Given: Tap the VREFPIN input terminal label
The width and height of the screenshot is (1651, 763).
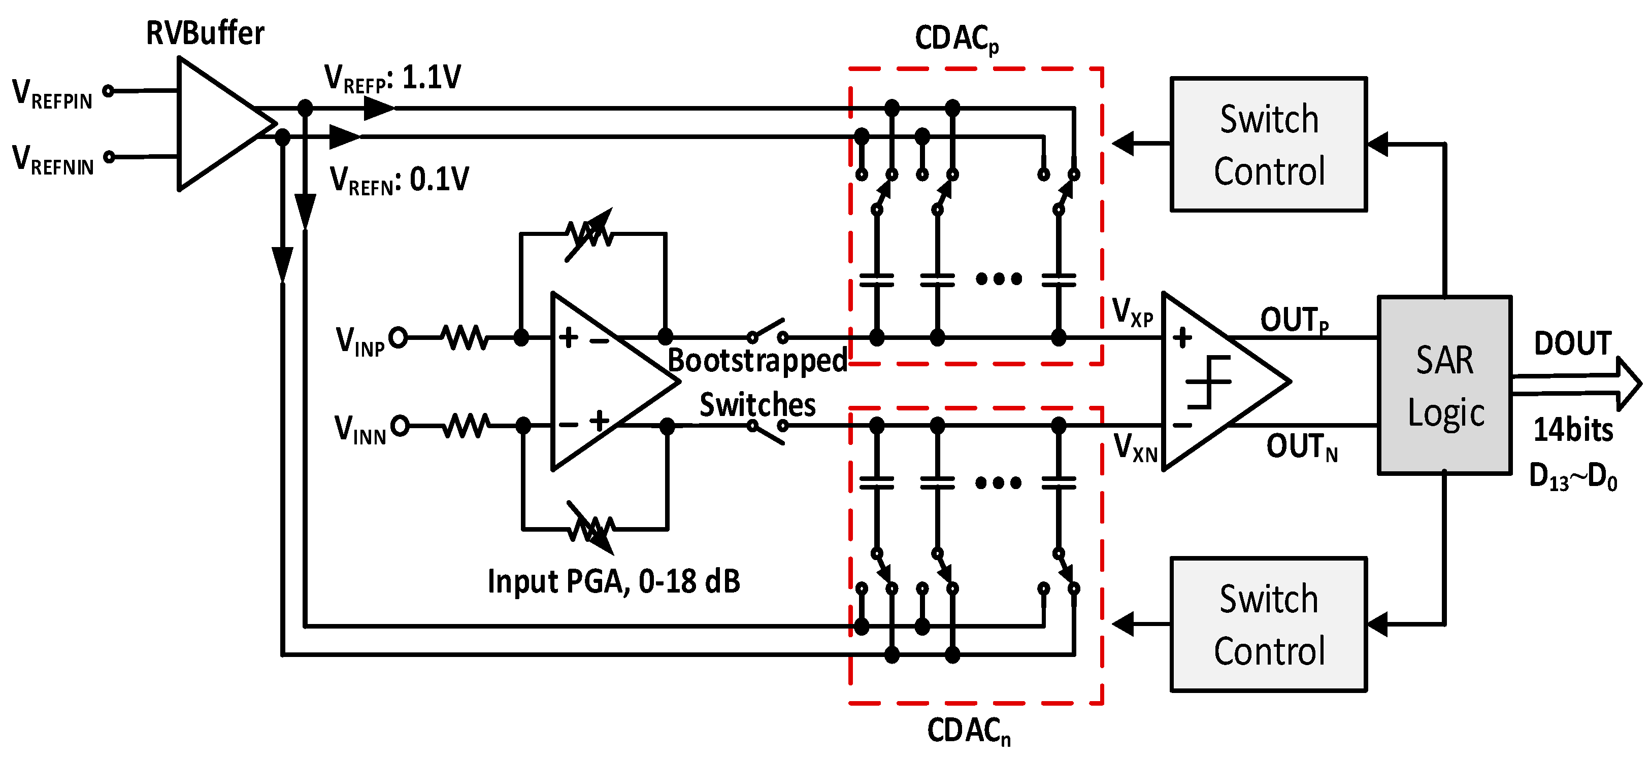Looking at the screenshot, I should coord(53,94).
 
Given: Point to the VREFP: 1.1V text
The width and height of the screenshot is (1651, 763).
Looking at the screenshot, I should coord(392,79).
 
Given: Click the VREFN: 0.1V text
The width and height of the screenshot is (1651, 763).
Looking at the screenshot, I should coord(399,180).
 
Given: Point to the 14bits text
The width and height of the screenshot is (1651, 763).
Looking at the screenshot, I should coord(1573,430).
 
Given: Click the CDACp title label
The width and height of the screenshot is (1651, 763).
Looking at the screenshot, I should coord(956,39).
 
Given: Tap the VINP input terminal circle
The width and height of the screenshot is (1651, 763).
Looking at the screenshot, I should coord(398,337).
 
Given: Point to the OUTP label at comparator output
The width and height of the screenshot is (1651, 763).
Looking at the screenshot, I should coord(1294,320).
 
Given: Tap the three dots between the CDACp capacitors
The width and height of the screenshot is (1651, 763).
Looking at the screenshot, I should coord(999,279).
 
